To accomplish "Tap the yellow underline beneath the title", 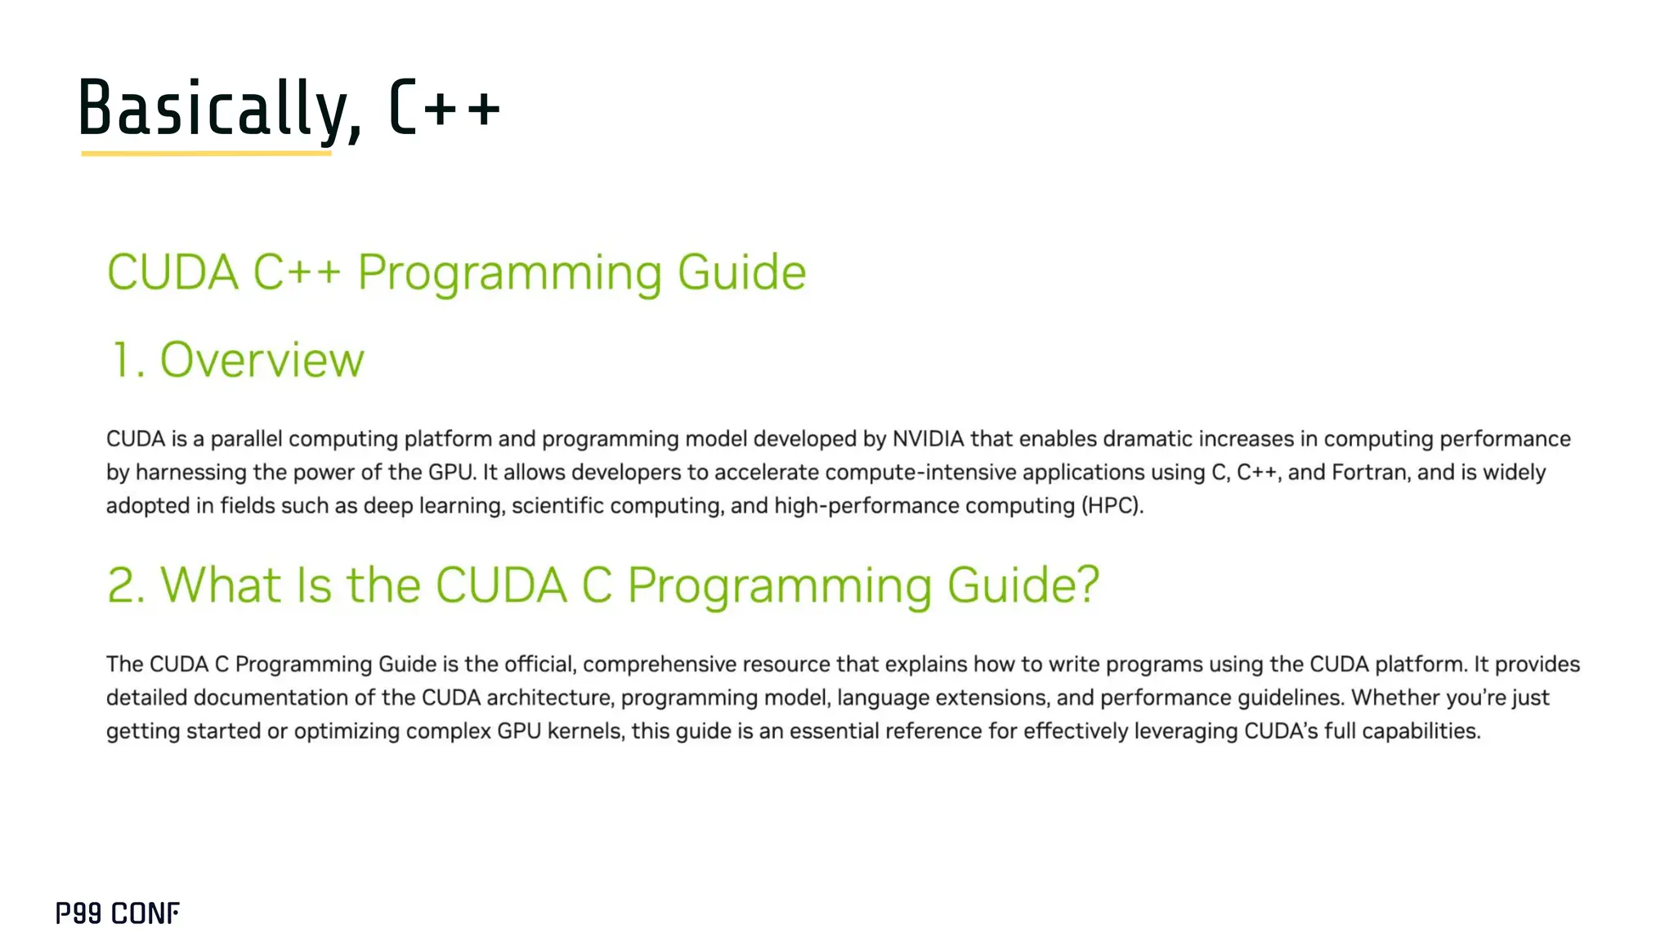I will click(x=206, y=153).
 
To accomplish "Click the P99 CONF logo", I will click(x=118, y=913).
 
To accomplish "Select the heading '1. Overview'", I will click(x=237, y=360).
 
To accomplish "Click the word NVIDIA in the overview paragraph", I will click(x=928, y=439).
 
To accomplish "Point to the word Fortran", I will click(x=1371, y=473).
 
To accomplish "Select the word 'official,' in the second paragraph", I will click(x=540, y=664).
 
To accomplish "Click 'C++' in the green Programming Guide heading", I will click(x=296, y=271).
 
